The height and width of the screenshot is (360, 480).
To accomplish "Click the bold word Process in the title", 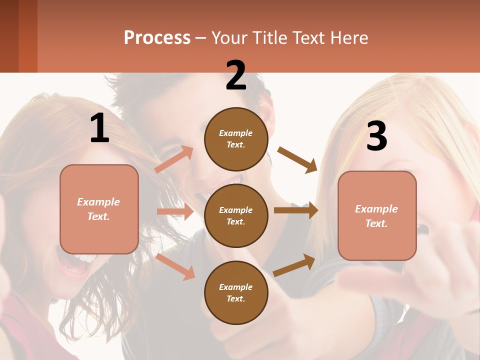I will (157, 37).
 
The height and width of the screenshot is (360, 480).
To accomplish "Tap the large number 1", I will (99, 128).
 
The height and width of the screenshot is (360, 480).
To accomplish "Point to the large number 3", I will (376, 136).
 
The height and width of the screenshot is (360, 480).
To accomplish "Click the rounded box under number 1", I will (99, 209).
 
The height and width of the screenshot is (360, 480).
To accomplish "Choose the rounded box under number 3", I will (377, 215).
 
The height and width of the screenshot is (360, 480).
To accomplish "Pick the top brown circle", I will (236, 139).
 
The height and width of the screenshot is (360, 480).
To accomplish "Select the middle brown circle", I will (236, 215).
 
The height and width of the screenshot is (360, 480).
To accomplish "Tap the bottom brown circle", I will (236, 292).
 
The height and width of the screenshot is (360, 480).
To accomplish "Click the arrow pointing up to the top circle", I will (174, 159).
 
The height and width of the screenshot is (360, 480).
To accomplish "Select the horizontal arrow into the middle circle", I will (175, 211).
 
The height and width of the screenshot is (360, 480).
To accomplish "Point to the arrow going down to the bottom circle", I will (175, 266).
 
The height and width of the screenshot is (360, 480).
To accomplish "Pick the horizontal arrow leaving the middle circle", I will (296, 210).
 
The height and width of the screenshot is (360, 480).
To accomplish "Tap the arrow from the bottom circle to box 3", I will (294, 265).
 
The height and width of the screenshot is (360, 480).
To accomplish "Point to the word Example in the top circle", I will (236, 133).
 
